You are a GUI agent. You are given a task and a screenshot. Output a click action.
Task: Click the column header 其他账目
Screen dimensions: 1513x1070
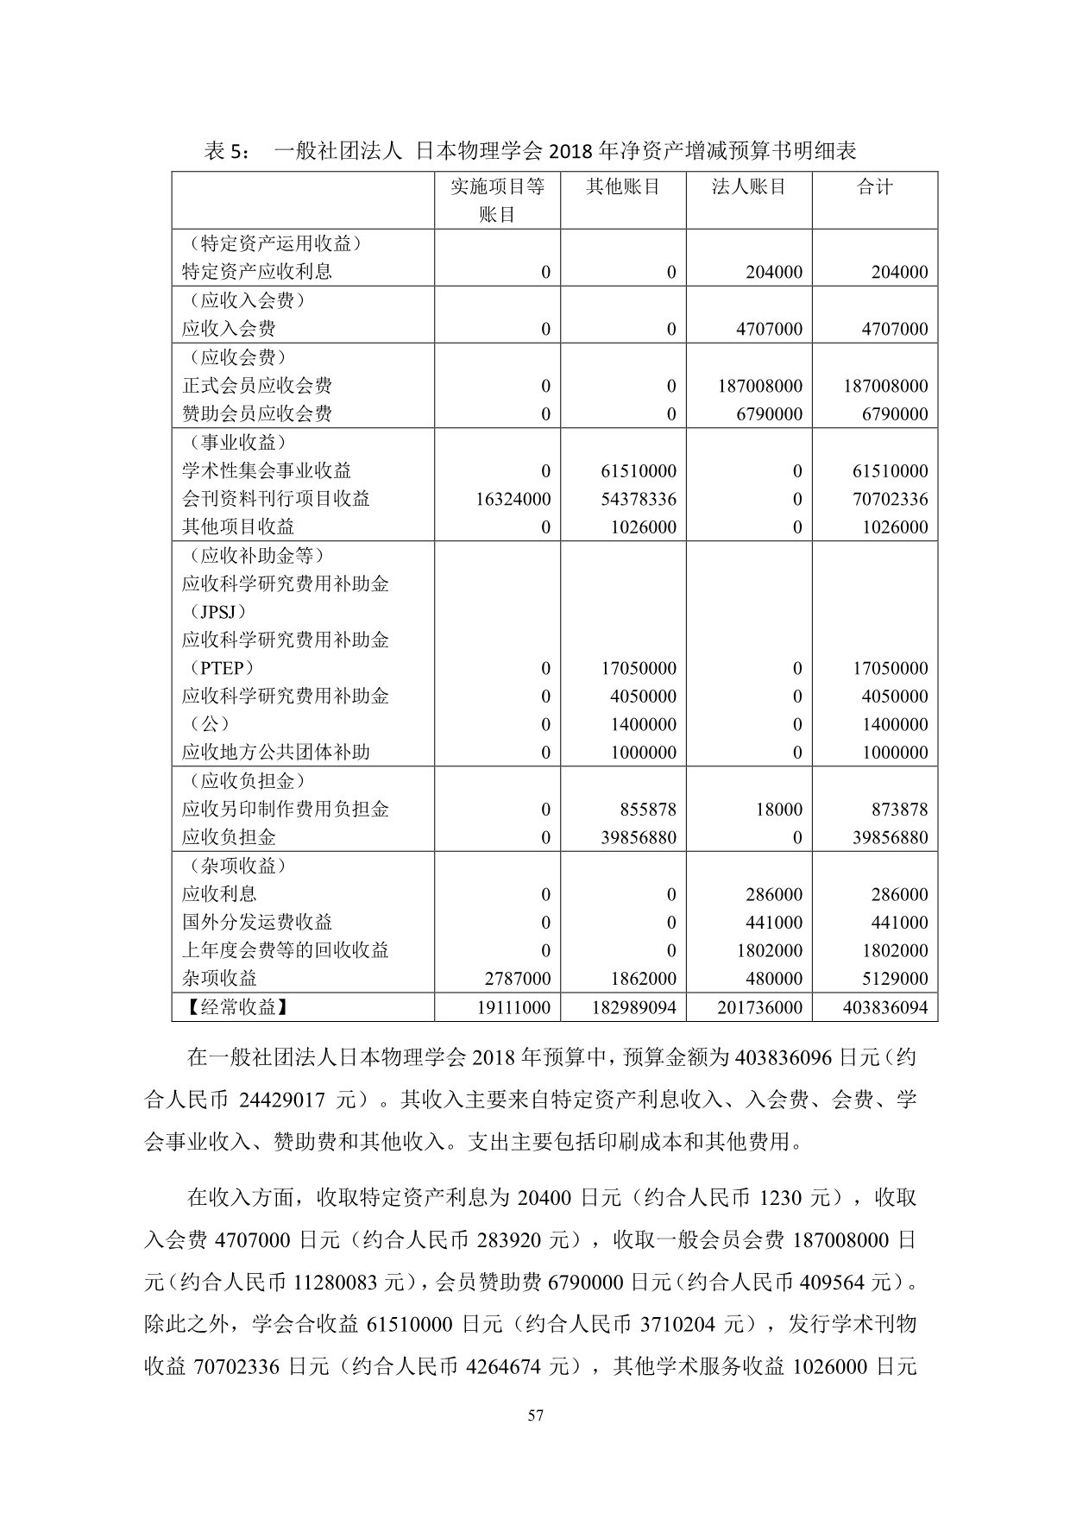(x=623, y=186)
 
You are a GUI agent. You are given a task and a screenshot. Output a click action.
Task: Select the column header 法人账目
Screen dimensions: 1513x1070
(x=749, y=186)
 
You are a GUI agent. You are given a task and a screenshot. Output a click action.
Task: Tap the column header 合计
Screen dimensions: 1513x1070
(x=875, y=186)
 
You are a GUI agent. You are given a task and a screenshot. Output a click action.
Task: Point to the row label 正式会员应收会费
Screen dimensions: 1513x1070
(x=257, y=386)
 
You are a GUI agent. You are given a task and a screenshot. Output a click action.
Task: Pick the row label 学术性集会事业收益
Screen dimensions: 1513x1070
(x=267, y=470)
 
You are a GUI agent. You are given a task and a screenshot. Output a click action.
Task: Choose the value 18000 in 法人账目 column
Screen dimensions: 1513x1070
(x=779, y=810)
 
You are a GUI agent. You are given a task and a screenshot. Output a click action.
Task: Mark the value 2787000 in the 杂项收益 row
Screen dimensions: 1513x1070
(x=517, y=979)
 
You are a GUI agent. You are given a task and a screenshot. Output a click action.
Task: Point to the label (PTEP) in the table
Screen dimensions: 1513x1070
(x=217, y=668)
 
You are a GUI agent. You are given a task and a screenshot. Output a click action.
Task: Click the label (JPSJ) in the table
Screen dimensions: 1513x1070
(x=214, y=612)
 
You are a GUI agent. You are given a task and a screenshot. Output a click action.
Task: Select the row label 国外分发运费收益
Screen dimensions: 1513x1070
(x=257, y=922)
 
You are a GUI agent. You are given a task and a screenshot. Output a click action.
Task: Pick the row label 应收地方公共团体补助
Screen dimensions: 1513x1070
(x=276, y=752)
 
